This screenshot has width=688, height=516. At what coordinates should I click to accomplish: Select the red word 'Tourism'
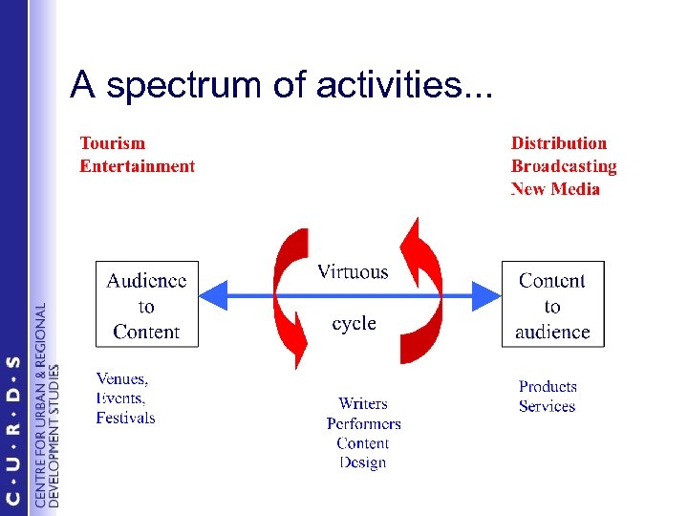(x=113, y=143)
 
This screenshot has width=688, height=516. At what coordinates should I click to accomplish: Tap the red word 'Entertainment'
(x=137, y=166)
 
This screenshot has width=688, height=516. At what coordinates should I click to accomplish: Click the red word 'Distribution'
(x=559, y=143)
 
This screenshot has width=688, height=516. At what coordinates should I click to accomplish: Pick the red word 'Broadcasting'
(x=564, y=166)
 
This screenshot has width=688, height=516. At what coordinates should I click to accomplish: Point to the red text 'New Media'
(x=555, y=189)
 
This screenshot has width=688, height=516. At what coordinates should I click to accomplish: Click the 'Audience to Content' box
(x=147, y=305)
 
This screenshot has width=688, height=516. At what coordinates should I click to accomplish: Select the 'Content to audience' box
(x=553, y=305)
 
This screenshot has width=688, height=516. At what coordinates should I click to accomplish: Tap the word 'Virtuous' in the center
(x=353, y=272)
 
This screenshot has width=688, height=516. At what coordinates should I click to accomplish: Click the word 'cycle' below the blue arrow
(x=354, y=324)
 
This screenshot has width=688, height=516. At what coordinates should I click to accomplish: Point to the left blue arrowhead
(x=214, y=295)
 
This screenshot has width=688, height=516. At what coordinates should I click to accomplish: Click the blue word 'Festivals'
(x=125, y=419)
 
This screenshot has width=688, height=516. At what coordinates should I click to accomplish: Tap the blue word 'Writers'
(x=363, y=403)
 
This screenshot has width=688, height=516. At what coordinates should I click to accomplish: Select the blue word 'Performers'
(x=363, y=423)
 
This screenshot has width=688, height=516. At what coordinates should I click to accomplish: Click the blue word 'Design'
(x=363, y=463)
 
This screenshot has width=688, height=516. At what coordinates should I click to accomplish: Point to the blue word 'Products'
(x=548, y=387)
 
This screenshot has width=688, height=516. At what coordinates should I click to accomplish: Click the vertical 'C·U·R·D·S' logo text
(x=12, y=430)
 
